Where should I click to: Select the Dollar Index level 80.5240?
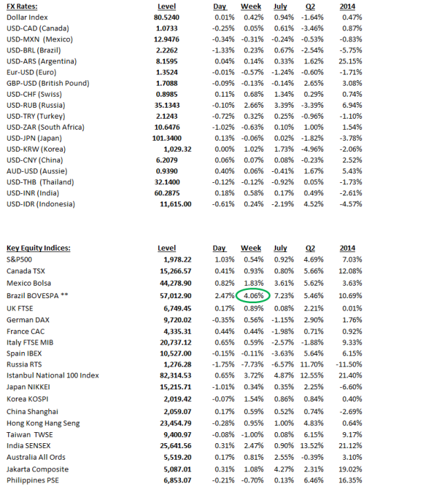(166, 17)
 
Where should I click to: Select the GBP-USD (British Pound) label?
(47, 83)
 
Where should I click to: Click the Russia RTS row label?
(24, 364)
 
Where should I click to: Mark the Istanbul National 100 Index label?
(52, 376)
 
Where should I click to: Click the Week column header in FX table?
(251, 6)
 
